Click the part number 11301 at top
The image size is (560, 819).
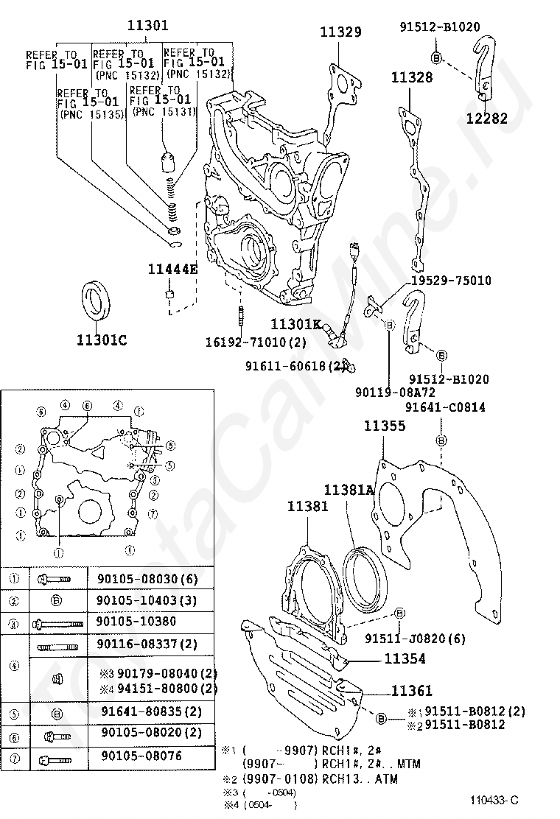[x=148, y=25]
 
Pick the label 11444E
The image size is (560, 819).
[x=172, y=269]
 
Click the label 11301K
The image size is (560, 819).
[x=295, y=323]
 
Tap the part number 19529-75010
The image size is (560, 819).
[x=450, y=281]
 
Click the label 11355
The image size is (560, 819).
[x=384, y=426]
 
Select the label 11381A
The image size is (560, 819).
[x=350, y=489]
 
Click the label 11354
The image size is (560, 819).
[x=404, y=659]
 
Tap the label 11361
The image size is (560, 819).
[x=411, y=691]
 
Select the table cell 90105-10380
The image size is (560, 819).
[x=138, y=622]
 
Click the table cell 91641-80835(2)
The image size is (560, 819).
[x=150, y=711]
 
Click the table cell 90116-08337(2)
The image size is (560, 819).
[x=147, y=644]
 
